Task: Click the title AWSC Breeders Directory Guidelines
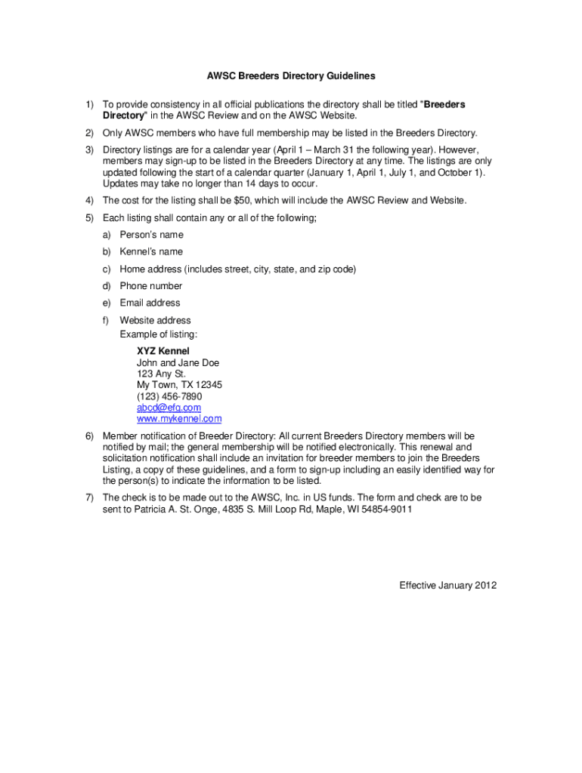tap(291, 76)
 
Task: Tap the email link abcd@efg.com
tap(169, 408)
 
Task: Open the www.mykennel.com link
tap(179, 419)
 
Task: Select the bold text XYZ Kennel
tap(163, 352)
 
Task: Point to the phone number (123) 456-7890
tap(169, 396)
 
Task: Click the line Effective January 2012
tap(447, 586)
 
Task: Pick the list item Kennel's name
tap(151, 252)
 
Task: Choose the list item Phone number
tap(150, 286)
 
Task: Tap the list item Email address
tap(150, 303)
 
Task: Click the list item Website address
tap(155, 321)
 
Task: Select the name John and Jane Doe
tap(178, 363)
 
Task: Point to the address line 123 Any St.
tap(161, 374)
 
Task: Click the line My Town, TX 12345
tap(179, 385)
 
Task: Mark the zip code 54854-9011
tap(387, 510)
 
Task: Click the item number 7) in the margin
tap(88, 498)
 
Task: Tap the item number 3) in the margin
tap(88, 150)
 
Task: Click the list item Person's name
tap(151, 235)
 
